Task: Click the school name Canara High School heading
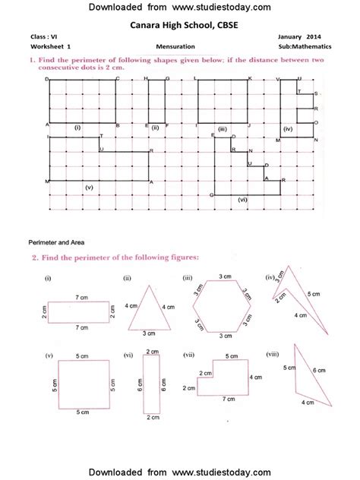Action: tap(179, 25)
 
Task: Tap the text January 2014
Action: tap(300, 36)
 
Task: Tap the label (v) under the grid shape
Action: tap(89, 187)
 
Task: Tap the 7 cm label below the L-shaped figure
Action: tap(228, 399)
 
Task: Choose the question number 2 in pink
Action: tap(35, 257)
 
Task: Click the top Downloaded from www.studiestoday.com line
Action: tap(179, 7)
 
